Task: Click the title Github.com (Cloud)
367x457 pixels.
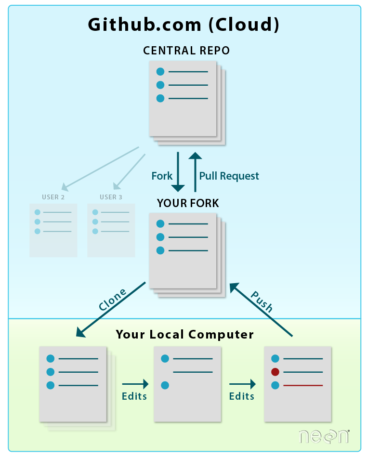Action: [x=183, y=24]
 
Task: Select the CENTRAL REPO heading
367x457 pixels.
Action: [x=186, y=51]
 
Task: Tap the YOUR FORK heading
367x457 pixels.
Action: [x=188, y=203]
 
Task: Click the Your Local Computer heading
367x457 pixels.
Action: [x=184, y=334]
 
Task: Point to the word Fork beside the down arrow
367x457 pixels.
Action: [x=162, y=176]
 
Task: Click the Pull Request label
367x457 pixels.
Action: [x=229, y=176]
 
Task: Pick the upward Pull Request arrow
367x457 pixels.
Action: [x=195, y=171]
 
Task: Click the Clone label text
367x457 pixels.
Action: [x=112, y=299]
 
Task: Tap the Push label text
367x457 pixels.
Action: [x=262, y=302]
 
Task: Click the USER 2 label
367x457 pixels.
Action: [x=53, y=197]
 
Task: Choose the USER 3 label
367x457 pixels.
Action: [x=111, y=197]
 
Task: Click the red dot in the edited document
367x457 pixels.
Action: [x=275, y=372]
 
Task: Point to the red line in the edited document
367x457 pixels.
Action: [x=303, y=385]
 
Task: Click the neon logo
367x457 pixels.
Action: [x=323, y=436]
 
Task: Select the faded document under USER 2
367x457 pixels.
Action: [x=53, y=230]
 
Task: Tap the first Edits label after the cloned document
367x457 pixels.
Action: [x=134, y=396]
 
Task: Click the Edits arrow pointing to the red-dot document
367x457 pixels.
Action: [x=242, y=384]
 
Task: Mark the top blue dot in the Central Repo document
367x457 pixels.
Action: [x=160, y=72]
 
